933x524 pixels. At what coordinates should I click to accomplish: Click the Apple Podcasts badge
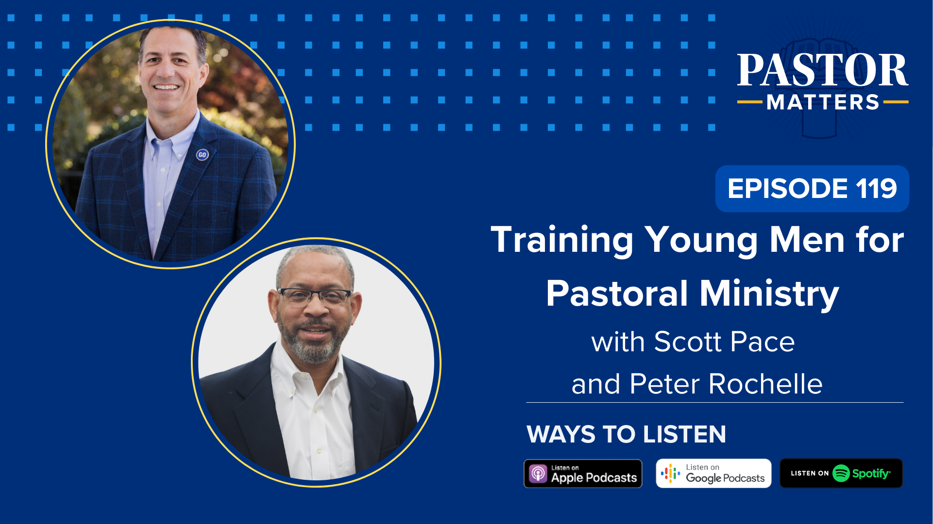tap(583, 474)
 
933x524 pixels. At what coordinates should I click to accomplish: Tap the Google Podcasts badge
tap(713, 474)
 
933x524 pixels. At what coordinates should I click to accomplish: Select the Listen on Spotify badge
tap(841, 474)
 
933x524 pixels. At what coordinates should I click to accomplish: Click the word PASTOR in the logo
tap(822, 71)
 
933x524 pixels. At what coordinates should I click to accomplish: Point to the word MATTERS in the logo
tap(823, 102)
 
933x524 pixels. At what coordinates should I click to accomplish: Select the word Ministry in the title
tap(769, 294)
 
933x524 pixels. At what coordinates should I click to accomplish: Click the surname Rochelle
tap(765, 384)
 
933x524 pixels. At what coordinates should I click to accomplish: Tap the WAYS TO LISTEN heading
tap(626, 434)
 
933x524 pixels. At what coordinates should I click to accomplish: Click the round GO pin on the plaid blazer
tap(202, 155)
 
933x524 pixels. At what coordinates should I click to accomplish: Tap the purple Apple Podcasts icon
tap(538, 474)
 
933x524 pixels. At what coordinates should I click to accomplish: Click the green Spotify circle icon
tap(841, 474)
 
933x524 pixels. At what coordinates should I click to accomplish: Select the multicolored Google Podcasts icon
tap(670, 474)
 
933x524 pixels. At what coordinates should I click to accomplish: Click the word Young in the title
tap(701, 241)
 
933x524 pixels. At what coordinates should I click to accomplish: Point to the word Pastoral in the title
tap(617, 294)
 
